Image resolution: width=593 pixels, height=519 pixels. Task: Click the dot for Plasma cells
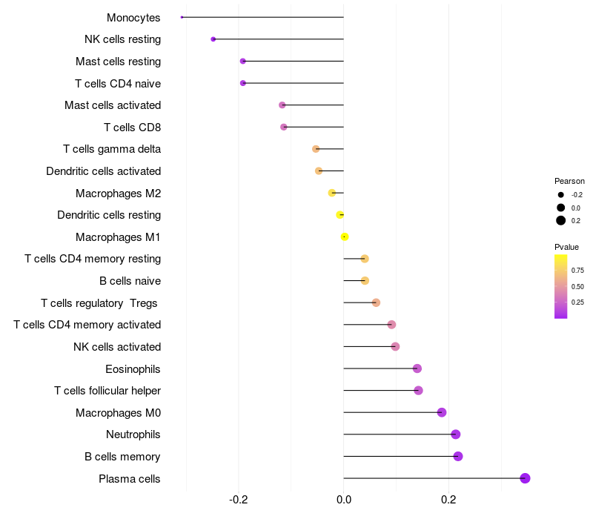(525, 478)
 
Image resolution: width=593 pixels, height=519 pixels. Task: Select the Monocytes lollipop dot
(182, 17)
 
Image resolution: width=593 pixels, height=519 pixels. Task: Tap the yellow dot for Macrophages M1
(345, 237)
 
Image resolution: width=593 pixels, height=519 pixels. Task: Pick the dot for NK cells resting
(213, 39)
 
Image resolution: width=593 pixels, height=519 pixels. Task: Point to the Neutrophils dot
(455, 434)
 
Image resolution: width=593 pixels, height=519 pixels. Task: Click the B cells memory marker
(458, 456)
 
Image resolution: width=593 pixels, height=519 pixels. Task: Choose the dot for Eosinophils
(417, 368)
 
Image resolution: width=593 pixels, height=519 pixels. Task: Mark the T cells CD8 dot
(284, 127)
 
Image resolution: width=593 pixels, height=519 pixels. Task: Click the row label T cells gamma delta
(112, 149)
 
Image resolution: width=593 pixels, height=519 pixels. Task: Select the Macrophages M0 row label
(118, 412)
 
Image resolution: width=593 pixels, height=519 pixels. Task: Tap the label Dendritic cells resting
(109, 215)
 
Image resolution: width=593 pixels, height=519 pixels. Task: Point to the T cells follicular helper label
(107, 390)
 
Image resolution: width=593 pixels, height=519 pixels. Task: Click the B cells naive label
(130, 281)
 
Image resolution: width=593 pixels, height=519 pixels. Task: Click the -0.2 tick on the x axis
(239, 500)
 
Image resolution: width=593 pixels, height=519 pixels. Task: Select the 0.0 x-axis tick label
(344, 500)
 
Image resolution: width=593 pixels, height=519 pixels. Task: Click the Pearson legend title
(569, 181)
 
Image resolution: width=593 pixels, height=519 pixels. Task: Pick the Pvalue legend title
(566, 247)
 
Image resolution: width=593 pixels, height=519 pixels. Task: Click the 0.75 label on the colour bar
(578, 271)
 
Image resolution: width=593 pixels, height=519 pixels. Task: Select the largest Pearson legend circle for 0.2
(561, 220)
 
